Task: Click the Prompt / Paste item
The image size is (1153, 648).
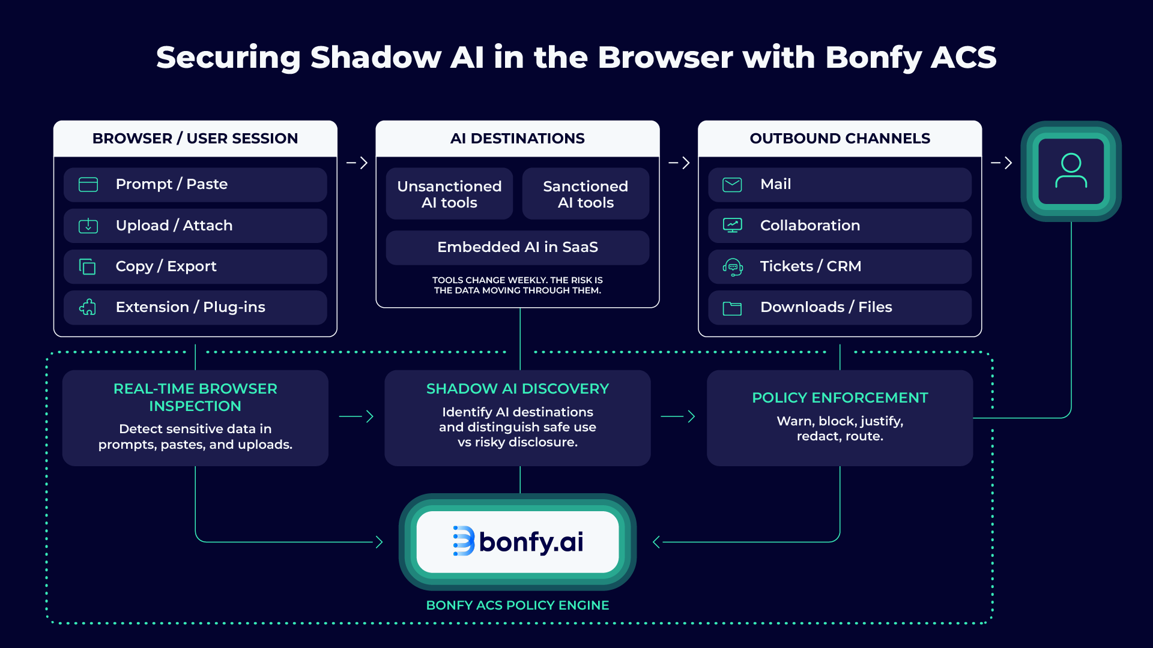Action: tap(195, 184)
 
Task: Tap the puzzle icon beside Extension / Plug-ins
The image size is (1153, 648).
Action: tap(88, 307)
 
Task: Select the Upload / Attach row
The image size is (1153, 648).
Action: tap(195, 226)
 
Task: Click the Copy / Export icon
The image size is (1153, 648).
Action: tap(88, 266)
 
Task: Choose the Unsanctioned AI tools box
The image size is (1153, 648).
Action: tap(449, 194)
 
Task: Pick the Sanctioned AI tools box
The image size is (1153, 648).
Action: tap(586, 194)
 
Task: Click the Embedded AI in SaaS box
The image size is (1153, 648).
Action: tap(517, 247)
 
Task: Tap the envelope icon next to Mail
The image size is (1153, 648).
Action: tap(732, 184)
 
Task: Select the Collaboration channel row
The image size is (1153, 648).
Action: tap(840, 226)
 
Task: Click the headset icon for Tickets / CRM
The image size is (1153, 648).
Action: tap(732, 266)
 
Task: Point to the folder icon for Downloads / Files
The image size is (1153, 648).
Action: tap(732, 308)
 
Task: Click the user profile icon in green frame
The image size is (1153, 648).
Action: tap(1071, 171)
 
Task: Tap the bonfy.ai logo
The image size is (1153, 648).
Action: tap(518, 542)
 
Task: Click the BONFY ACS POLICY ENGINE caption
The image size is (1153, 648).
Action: tap(517, 605)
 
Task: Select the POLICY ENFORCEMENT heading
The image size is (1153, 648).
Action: tap(840, 398)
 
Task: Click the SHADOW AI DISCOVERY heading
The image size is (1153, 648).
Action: tap(517, 389)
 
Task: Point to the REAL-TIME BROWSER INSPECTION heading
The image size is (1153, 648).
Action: tap(195, 397)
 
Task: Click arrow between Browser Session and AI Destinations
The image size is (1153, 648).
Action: tap(357, 163)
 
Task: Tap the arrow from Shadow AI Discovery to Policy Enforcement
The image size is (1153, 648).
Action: tap(678, 416)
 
